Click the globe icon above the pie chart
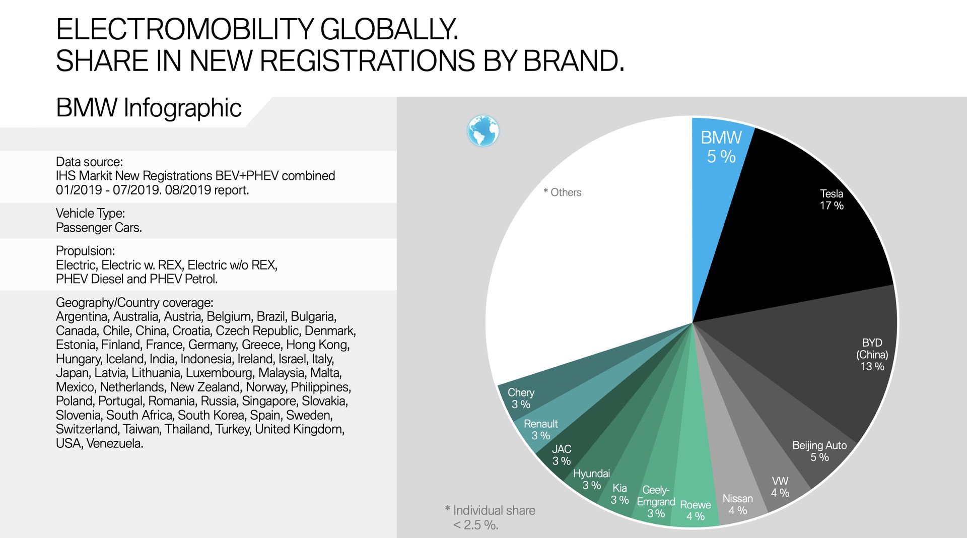click(483, 130)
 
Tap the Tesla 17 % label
click(831, 199)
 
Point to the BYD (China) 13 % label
click(872, 355)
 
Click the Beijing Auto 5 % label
click(819, 451)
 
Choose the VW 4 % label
click(780, 487)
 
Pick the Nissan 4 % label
click(737, 504)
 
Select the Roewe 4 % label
click(696, 510)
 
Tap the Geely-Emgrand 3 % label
click(656, 502)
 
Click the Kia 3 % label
click(619, 494)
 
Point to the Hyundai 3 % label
click(591, 479)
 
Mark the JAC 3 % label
click(562, 455)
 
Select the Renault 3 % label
click(540, 430)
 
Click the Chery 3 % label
click(521, 398)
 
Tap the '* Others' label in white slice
click(563, 192)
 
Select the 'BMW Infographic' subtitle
click(149, 108)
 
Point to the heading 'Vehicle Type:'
click(90, 213)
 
